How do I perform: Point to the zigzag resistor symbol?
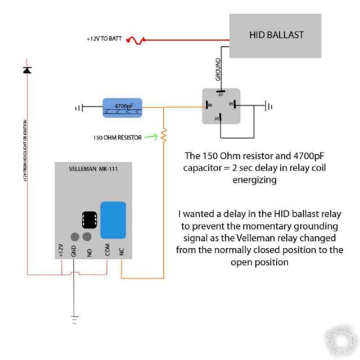(x=164, y=135)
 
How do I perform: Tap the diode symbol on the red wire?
(x=27, y=70)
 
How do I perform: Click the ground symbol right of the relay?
(x=269, y=105)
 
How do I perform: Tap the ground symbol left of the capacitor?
(x=81, y=106)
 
